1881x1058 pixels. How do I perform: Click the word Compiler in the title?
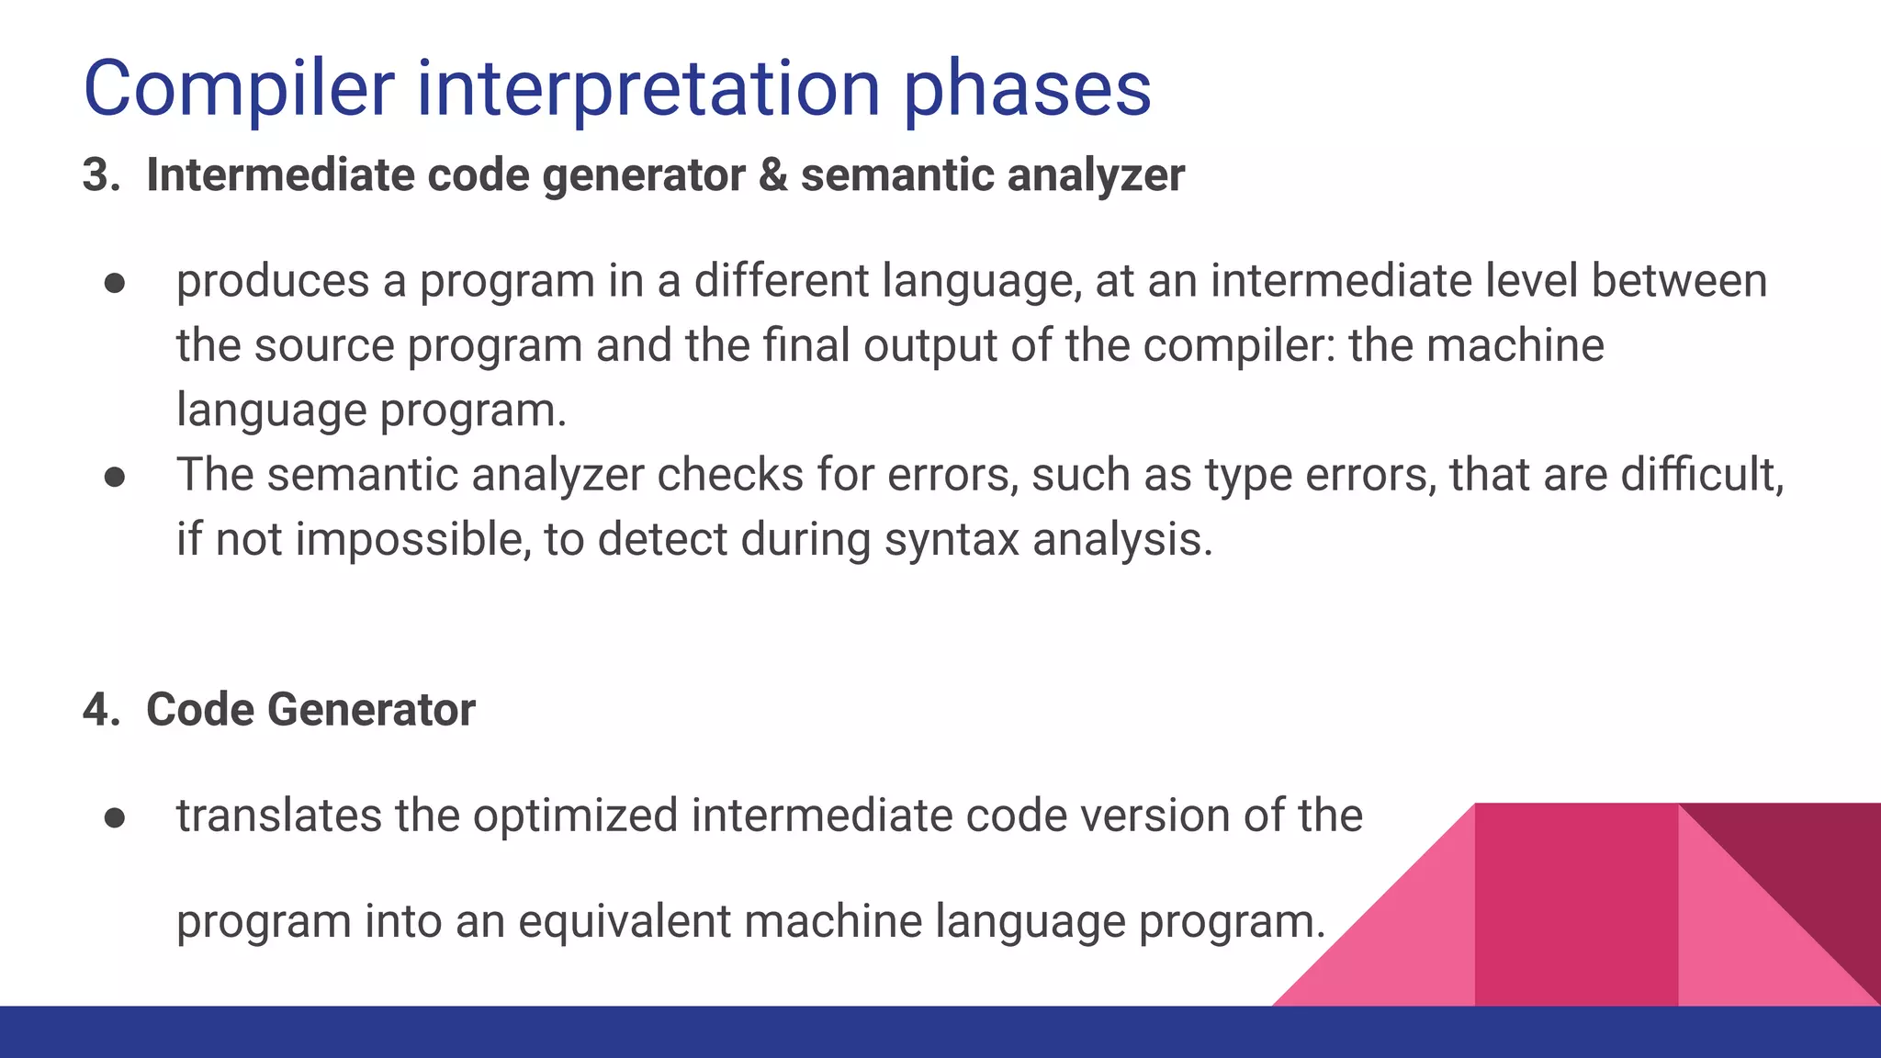coord(239,89)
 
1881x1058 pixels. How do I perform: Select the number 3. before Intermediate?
coord(100,174)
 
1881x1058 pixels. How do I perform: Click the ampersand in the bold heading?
coord(772,174)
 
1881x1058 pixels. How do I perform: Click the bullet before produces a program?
coord(115,283)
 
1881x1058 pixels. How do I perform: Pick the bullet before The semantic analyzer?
coord(115,477)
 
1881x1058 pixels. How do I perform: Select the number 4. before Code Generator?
coord(100,710)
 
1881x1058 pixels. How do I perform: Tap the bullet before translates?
coord(115,817)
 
